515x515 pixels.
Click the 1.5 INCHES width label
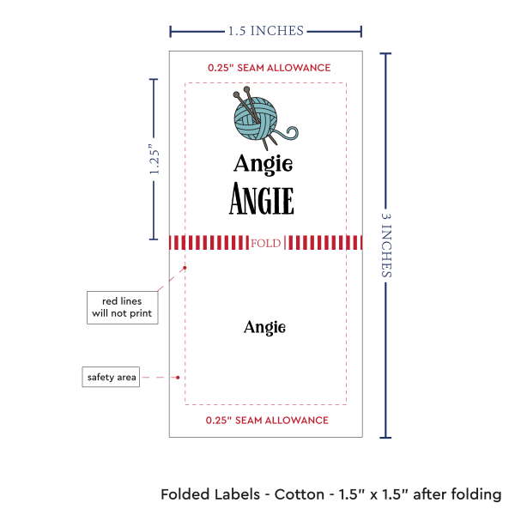pyautogui.click(x=265, y=31)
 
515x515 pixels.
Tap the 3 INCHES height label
pyautogui.click(x=387, y=245)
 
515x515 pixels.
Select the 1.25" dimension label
pyautogui.click(x=154, y=160)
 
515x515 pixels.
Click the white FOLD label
pyautogui.click(x=266, y=244)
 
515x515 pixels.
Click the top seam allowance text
pyautogui.click(x=269, y=67)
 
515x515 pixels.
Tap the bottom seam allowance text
pyautogui.click(x=267, y=421)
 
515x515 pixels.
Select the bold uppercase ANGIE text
pyautogui.click(x=262, y=200)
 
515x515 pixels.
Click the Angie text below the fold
pyautogui.click(x=264, y=327)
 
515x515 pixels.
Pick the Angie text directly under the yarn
pyautogui.click(x=263, y=163)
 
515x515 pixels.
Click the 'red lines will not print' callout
pyautogui.click(x=122, y=306)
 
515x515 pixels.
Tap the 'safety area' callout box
pyautogui.click(x=111, y=377)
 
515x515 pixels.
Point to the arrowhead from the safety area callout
pyautogui.click(x=178, y=377)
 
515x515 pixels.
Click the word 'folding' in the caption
pyautogui.click(x=476, y=494)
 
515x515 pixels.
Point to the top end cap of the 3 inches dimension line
pyautogui.click(x=386, y=54)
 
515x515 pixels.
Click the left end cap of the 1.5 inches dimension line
pyautogui.click(x=171, y=32)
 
